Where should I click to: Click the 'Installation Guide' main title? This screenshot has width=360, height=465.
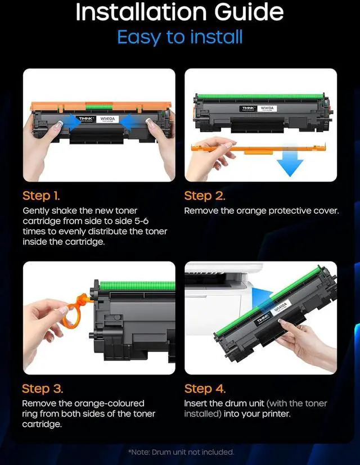click(179, 12)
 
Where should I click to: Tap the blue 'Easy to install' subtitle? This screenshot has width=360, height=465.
click(180, 37)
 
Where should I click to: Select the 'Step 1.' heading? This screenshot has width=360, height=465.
click(41, 196)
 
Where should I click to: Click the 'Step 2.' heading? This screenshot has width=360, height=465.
click(205, 196)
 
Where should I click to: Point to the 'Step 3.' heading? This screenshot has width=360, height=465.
click(42, 389)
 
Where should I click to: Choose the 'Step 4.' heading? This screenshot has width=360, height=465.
click(205, 389)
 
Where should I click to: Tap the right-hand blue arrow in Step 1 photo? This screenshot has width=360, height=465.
click(130, 122)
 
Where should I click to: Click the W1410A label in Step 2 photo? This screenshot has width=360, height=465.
click(267, 109)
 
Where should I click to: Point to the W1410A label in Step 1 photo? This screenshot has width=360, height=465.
click(107, 119)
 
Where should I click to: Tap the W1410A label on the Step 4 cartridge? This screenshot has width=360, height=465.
click(281, 306)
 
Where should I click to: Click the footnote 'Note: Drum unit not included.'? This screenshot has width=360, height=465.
click(181, 452)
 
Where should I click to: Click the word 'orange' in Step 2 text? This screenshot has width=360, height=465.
click(251, 211)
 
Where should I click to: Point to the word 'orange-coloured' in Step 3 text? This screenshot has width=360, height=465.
click(109, 404)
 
